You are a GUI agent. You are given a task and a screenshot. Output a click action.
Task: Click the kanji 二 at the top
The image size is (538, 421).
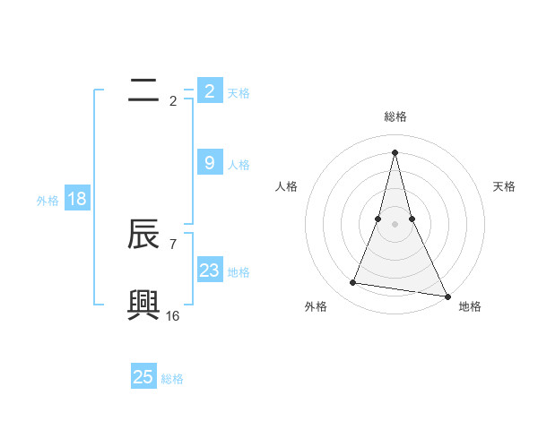pyautogui.click(x=144, y=90)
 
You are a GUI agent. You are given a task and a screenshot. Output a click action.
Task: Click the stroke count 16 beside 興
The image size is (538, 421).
pyautogui.click(x=172, y=315)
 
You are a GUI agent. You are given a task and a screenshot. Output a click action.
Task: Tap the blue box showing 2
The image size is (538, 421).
pyautogui.click(x=209, y=91)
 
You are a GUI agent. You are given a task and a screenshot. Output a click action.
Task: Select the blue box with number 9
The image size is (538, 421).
pyautogui.click(x=209, y=163)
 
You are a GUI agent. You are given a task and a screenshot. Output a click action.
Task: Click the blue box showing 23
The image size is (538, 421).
pyautogui.click(x=209, y=271)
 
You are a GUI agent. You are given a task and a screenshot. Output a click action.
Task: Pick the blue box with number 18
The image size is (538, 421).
pyautogui.click(x=76, y=199)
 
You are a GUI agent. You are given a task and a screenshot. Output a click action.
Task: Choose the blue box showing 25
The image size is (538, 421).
pyautogui.click(x=143, y=377)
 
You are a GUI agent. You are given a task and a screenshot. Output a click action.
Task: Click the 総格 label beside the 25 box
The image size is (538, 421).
pyautogui.click(x=172, y=379)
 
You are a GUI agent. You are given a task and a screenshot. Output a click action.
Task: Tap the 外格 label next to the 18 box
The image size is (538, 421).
pyautogui.click(x=48, y=201)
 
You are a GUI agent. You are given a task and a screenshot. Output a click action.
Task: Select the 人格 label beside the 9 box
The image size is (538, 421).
pyautogui.click(x=239, y=165)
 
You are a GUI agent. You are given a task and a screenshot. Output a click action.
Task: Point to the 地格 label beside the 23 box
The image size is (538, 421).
pyautogui.click(x=239, y=272)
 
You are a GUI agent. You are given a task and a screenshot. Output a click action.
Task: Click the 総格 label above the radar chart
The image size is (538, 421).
pyautogui.click(x=395, y=116)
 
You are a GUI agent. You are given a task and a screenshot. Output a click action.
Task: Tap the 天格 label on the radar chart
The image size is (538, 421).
pyautogui.click(x=505, y=186)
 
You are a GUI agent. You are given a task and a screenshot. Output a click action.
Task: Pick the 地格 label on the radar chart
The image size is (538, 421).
pyautogui.click(x=470, y=306)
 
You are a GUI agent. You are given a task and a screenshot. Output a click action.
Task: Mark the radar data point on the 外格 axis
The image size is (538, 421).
pyautogui.click(x=353, y=283)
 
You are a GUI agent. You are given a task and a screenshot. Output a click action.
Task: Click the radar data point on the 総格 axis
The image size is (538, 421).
pyautogui.click(x=395, y=151)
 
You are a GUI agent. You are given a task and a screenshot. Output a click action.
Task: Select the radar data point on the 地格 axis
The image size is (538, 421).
pyautogui.click(x=447, y=296)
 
